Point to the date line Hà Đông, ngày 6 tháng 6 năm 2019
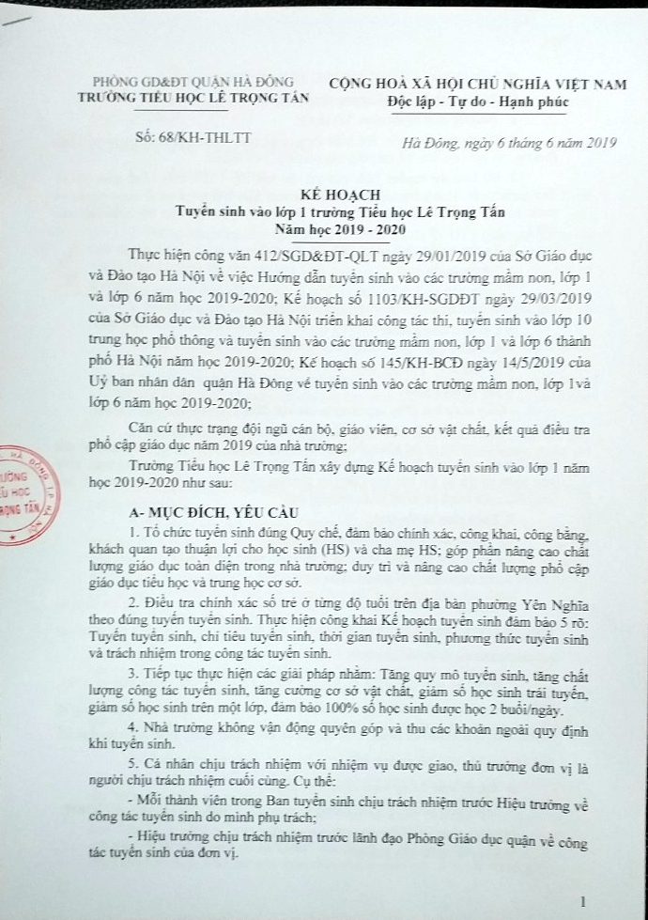(x=507, y=143)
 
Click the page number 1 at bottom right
(x=584, y=901)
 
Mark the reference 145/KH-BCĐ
(x=441, y=356)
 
